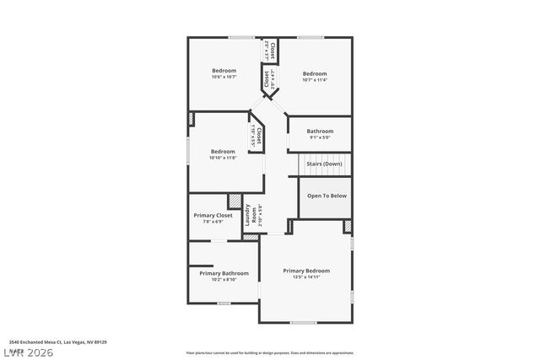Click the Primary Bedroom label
(x=306, y=271)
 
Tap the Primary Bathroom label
(x=224, y=273)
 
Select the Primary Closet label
(x=213, y=215)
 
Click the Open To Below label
(x=327, y=195)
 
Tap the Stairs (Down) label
(x=325, y=164)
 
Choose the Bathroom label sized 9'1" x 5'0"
(x=320, y=131)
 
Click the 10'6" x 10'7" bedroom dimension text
(x=224, y=77)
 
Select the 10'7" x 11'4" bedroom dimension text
(x=314, y=80)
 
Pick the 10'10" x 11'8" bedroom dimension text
(x=223, y=158)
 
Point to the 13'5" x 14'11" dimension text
(x=306, y=277)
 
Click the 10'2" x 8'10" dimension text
(x=224, y=279)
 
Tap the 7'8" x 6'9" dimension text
(x=213, y=222)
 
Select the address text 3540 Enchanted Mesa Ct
(x=57, y=342)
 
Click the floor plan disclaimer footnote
(x=270, y=352)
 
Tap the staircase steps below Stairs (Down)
(x=325, y=172)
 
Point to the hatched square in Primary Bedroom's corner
(x=348, y=227)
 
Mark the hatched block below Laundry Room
(x=251, y=237)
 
